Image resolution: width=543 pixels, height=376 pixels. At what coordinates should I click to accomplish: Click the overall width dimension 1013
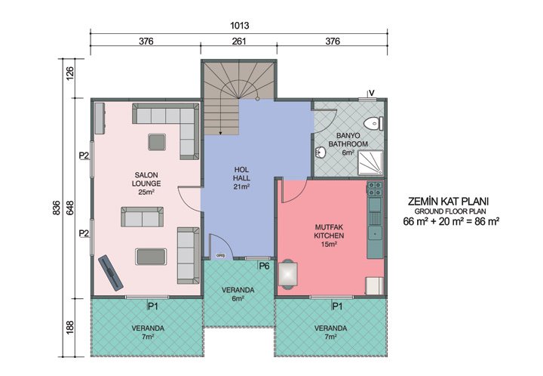click(x=241, y=25)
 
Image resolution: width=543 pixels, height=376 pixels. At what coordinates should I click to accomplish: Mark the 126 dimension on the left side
click(x=71, y=76)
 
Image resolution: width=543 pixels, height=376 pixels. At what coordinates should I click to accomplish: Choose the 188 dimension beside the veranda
click(x=71, y=325)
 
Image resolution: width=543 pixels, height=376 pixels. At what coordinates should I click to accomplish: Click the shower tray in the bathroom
click(x=369, y=162)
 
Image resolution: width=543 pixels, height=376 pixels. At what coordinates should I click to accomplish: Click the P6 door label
click(x=264, y=266)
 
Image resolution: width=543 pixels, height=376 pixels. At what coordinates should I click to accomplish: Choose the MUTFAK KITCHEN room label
click(x=329, y=235)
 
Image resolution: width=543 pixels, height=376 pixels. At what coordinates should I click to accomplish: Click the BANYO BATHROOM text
click(x=348, y=140)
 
